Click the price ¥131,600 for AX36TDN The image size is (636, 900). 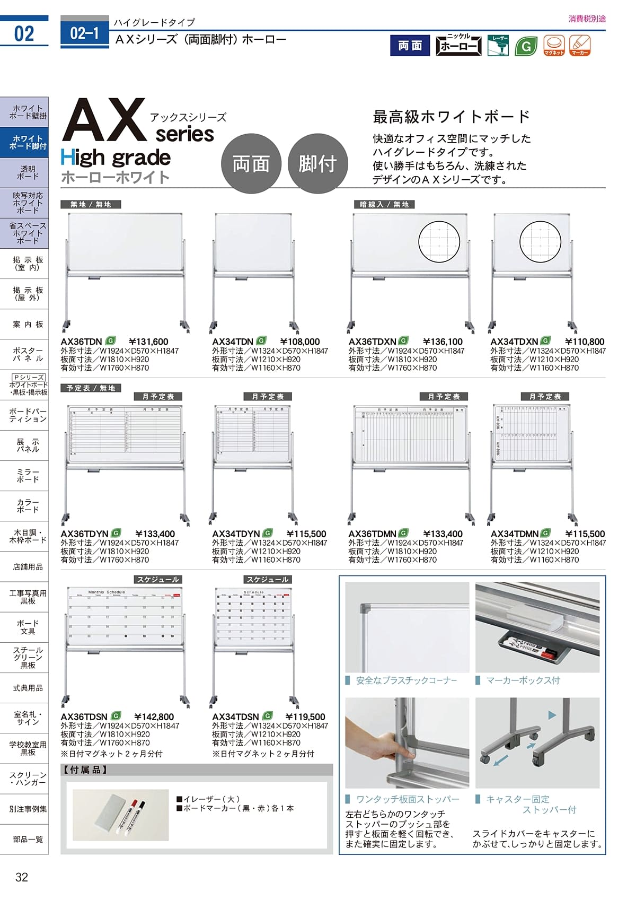(148, 342)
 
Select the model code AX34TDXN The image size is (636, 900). (514, 342)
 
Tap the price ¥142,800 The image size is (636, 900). (154, 717)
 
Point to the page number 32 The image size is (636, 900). (22, 877)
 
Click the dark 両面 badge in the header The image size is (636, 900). (410, 46)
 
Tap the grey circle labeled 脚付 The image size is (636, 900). (317, 164)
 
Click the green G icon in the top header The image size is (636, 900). (526, 46)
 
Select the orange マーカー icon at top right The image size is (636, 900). (579, 46)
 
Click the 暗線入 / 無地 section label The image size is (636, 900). (384, 205)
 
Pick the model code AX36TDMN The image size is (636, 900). (372, 534)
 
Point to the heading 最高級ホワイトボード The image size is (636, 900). (452, 117)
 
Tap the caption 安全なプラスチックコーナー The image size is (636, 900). (406, 680)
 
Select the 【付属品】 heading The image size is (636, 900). (86, 770)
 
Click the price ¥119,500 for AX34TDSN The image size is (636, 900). (305, 717)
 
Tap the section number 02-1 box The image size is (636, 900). (85, 34)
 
